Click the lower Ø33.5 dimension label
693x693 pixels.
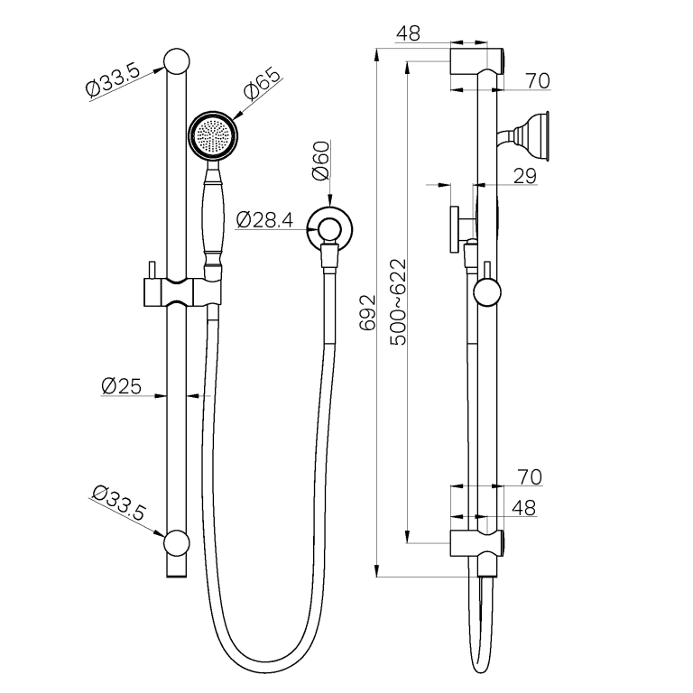pyautogui.click(x=118, y=503)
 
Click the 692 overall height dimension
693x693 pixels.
pyautogui.click(x=367, y=312)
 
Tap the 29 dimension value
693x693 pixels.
pyautogui.click(x=525, y=177)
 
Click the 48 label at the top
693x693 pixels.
pyautogui.click(x=408, y=33)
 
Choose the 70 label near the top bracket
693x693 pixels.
pyautogui.click(x=538, y=81)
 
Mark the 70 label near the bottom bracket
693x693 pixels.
pyautogui.click(x=530, y=476)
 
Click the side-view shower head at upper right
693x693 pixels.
pyautogui.click(x=532, y=134)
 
